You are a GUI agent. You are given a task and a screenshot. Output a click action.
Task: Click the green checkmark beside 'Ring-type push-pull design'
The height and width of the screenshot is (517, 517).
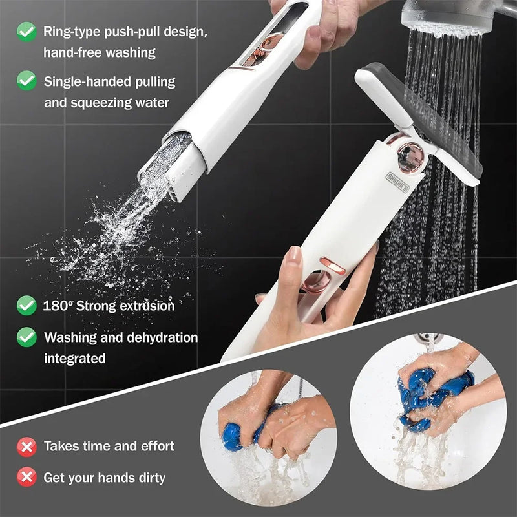coord(26,30)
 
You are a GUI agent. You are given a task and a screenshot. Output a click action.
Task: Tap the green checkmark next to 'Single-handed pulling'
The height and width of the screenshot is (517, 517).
coord(26,81)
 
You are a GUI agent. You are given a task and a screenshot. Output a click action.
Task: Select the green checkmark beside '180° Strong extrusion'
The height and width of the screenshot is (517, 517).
coord(26,305)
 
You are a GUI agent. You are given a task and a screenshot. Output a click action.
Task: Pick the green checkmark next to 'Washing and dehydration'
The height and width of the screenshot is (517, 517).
coord(26,337)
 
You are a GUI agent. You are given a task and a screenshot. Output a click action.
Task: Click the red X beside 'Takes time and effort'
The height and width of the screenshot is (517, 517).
coord(26,446)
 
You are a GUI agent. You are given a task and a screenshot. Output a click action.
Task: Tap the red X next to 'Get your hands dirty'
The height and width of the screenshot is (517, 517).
coord(26,478)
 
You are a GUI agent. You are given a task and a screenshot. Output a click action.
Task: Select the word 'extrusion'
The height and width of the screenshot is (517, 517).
coord(144,306)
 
